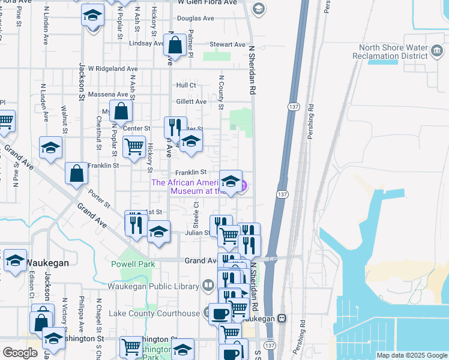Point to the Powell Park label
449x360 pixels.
click(x=133, y=264)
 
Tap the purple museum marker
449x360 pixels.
click(x=243, y=187)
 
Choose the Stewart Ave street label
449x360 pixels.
click(x=228, y=44)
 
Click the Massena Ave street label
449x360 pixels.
click(x=108, y=94)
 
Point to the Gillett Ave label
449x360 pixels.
click(x=191, y=101)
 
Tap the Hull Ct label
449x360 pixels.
click(x=186, y=85)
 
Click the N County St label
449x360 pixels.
click(x=221, y=92)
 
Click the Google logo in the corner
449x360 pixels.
click(x=20, y=353)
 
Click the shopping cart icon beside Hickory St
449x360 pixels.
click(x=134, y=146)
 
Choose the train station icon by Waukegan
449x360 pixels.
click(x=281, y=318)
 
